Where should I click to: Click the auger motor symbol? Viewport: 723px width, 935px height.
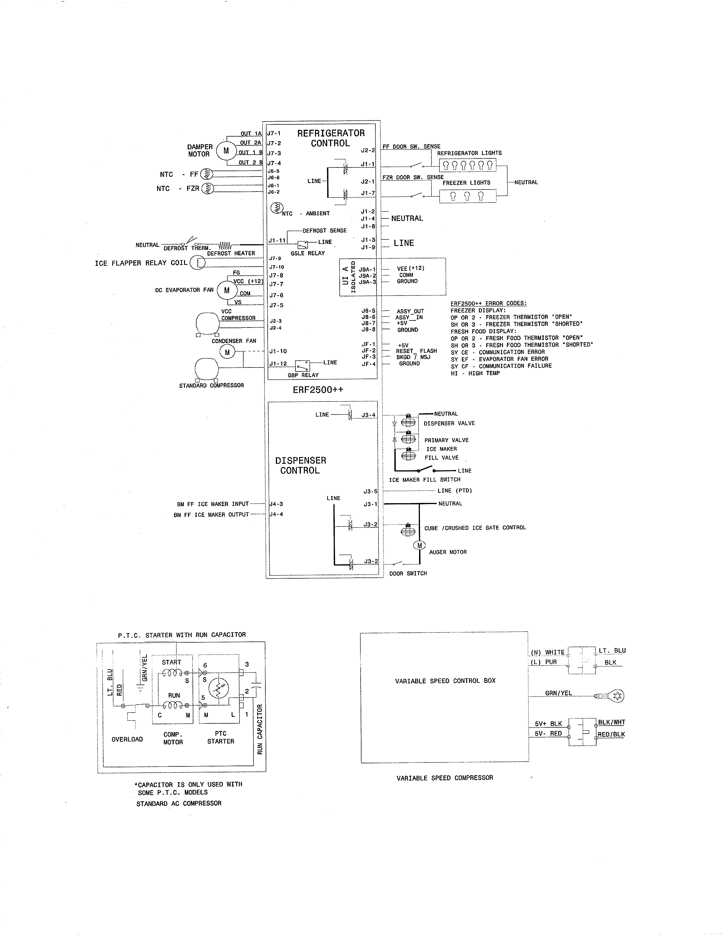coord(419,545)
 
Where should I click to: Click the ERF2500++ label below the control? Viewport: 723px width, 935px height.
coord(318,390)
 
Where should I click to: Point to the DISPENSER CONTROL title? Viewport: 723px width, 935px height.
coord(301,465)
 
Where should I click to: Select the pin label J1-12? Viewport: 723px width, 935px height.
coord(278,364)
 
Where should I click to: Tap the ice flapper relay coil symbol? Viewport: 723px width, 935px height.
coord(197,262)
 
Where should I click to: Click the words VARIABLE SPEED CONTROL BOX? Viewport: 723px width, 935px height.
coord(445,681)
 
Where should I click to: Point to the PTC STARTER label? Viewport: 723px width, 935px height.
coord(221,737)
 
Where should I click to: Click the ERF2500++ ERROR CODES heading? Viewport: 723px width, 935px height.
coord(488,303)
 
